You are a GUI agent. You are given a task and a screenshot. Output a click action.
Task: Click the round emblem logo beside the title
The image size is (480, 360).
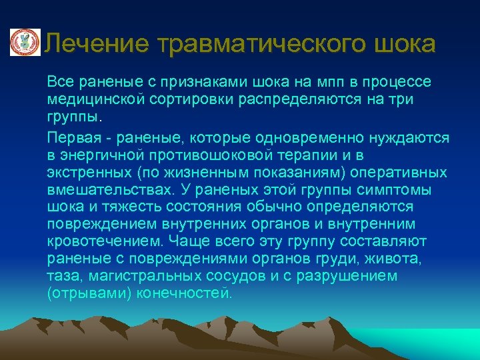24,43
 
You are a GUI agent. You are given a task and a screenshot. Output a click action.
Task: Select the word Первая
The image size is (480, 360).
70,137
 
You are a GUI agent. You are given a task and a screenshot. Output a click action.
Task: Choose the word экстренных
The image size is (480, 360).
85,173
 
